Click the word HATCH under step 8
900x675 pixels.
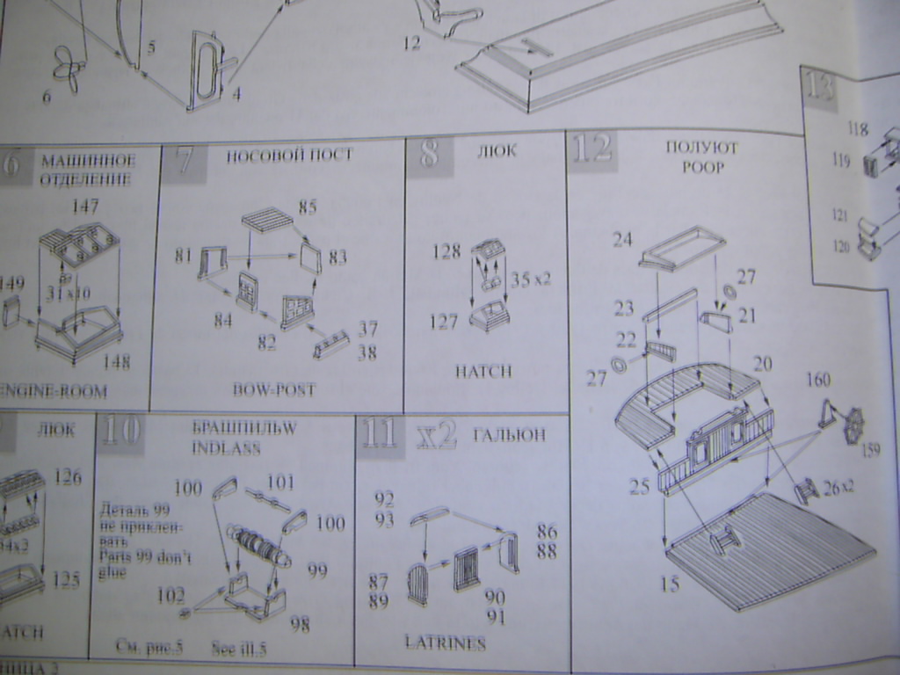pyautogui.click(x=483, y=372)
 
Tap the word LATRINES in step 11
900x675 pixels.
pyautogui.click(x=445, y=643)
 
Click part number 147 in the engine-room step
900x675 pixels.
pyautogui.click(x=86, y=206)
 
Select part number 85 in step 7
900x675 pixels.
pyautogui.click(x=307, y=207)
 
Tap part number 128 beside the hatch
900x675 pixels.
pyautogui.click(x=446, y=252)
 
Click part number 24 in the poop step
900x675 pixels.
pyautogui.click(x=622, y=239)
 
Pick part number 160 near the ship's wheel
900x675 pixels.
pyautogui.click(x=817, y=381)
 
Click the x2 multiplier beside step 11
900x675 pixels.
pyautogui.click(x=437, y=434)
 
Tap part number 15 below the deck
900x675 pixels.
pyautogui.click(x=670, y=584)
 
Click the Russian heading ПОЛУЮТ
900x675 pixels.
pyautogui.click(x=701, y=148)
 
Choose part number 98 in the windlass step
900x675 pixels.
pyautogui.click(x=300, y=625)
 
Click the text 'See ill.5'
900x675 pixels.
pyautogui.click(x=239, y=649)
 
